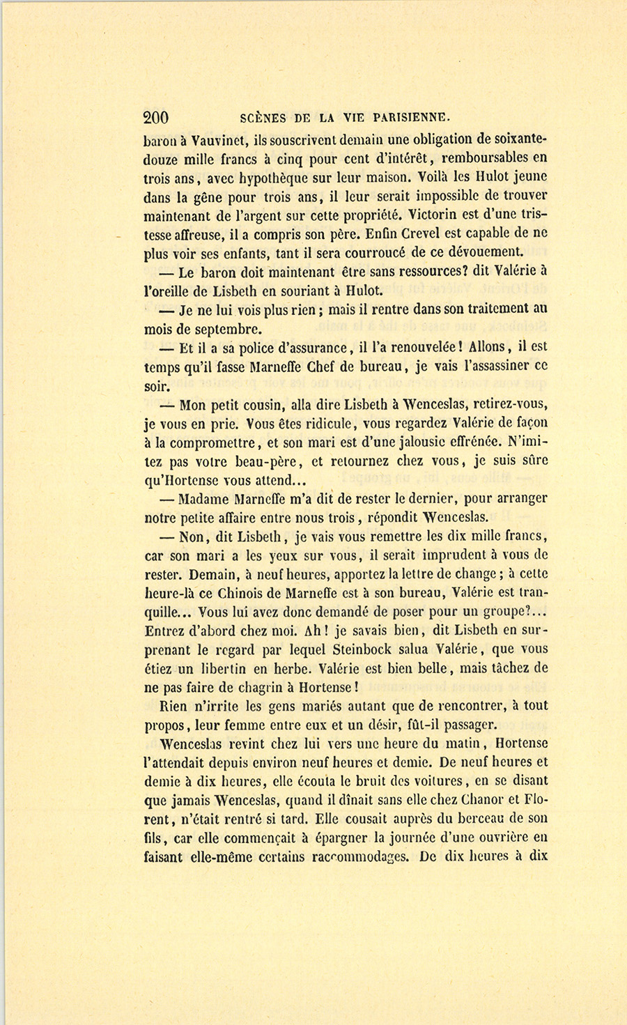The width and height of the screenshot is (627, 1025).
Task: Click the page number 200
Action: pos(155,117)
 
